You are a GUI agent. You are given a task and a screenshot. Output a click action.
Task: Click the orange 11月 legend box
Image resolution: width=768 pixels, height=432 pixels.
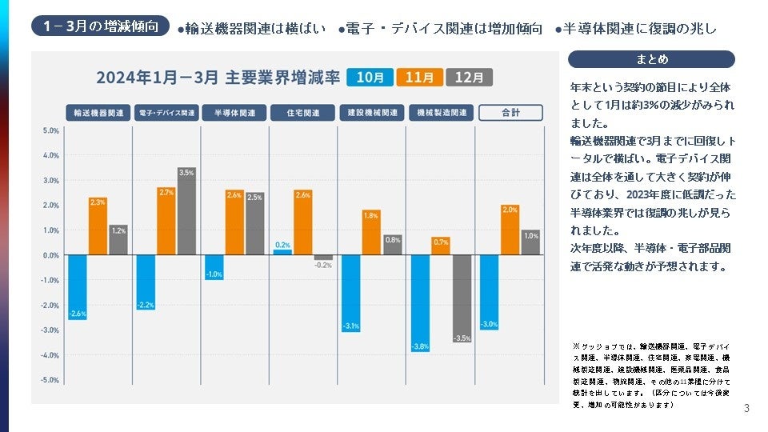click(x=420, y=77)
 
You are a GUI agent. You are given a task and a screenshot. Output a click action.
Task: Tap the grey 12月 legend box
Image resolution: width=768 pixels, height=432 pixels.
click(x=469, y=77)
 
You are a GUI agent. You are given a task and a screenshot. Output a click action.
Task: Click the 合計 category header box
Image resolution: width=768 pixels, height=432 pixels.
click(x=510, y=113)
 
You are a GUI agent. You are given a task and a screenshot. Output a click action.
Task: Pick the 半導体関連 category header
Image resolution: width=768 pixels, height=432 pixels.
click(x=234, y=113)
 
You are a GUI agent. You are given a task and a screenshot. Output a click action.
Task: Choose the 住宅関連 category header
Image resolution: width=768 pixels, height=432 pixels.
click(x=303, y=113)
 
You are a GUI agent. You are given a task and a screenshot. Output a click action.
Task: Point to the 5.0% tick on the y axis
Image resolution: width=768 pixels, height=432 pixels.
click(x=50, y=130)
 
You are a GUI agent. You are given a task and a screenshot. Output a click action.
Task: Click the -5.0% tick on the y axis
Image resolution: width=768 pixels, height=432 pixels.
click(x=50, y=380)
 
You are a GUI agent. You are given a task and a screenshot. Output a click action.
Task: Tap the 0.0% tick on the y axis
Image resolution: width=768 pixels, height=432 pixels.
click(x=50, y=255)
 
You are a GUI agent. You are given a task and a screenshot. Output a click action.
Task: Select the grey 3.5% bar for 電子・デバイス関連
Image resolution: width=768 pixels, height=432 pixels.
click(x=186, y=211)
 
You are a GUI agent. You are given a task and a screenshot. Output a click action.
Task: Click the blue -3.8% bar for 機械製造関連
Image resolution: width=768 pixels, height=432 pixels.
click(x=419, y=303)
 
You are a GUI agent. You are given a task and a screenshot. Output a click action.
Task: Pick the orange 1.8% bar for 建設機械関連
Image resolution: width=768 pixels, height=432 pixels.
click(x=370, y=233)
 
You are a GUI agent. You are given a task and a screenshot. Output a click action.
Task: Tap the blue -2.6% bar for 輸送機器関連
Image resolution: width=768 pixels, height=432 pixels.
click(x=77, y=288)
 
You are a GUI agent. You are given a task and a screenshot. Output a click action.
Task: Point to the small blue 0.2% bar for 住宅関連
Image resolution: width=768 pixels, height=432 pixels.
click(x=282, y=252)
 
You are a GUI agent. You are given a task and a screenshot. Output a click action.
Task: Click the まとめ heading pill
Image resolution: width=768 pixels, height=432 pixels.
click(x=651, y=59)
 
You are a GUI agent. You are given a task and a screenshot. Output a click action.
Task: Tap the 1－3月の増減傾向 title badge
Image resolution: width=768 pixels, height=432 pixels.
click(x=102, y=26)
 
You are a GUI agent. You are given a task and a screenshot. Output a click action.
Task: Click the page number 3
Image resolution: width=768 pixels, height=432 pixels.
click(x=746, y=409)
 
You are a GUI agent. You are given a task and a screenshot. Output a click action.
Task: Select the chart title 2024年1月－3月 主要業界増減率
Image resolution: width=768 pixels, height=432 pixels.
click(x=218, y=78)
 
